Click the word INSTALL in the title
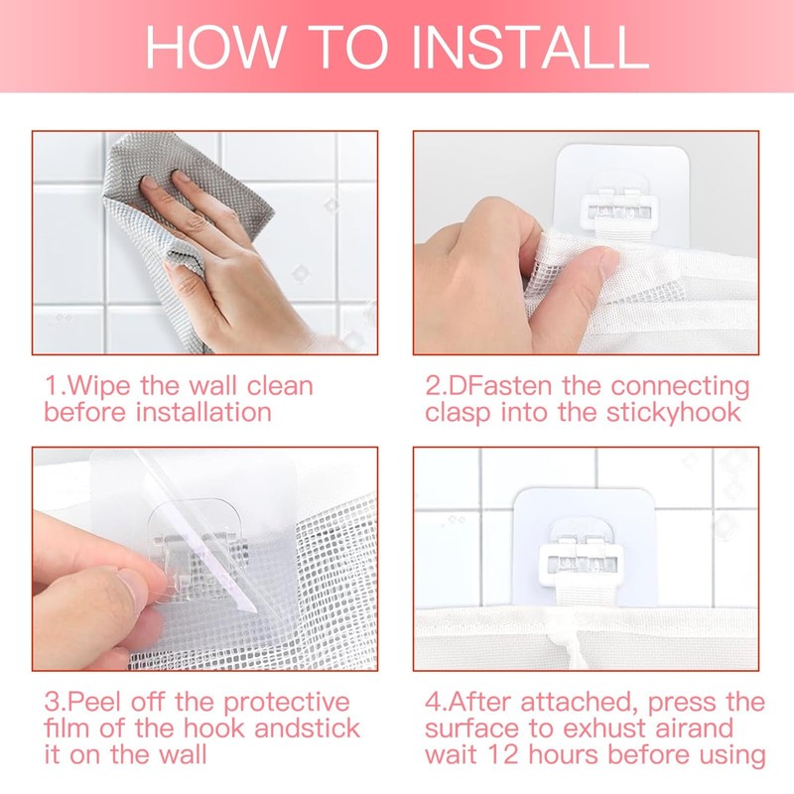point(530,47)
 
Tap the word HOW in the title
point(214,47)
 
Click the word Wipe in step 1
point(98,387)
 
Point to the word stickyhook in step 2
point(674,413)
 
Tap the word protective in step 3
point(287,704)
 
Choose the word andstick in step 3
point(307,728)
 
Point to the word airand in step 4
point(694,728)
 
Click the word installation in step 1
point(204,412)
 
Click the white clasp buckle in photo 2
point(618,206)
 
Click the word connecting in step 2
point(680,387)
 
